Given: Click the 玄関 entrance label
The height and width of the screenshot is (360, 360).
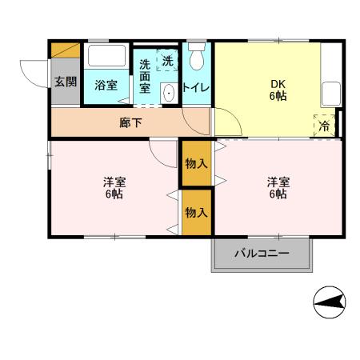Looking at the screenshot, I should point(65,82).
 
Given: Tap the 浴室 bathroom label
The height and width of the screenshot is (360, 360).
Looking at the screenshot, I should point(106,85).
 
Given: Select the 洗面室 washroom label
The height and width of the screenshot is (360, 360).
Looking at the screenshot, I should point(145,78).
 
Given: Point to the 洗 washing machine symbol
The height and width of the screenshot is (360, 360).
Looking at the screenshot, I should point(166,61).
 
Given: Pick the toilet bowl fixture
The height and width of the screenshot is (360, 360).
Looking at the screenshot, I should point(198,58).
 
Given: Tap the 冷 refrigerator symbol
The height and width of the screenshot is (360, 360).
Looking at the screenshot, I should point(325,126).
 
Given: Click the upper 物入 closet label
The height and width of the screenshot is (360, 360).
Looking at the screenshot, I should point(196,162).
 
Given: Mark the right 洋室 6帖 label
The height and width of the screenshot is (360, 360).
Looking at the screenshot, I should point(278,188).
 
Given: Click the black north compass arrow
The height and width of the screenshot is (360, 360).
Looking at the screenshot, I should point(330,301).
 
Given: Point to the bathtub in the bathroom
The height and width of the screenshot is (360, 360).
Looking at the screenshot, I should point(106,58).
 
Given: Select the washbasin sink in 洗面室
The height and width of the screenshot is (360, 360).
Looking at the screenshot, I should point(169,94).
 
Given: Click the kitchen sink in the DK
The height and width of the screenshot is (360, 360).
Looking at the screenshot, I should point(330,94).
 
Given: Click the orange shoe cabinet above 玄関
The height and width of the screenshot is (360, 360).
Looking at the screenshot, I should point(65,50).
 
